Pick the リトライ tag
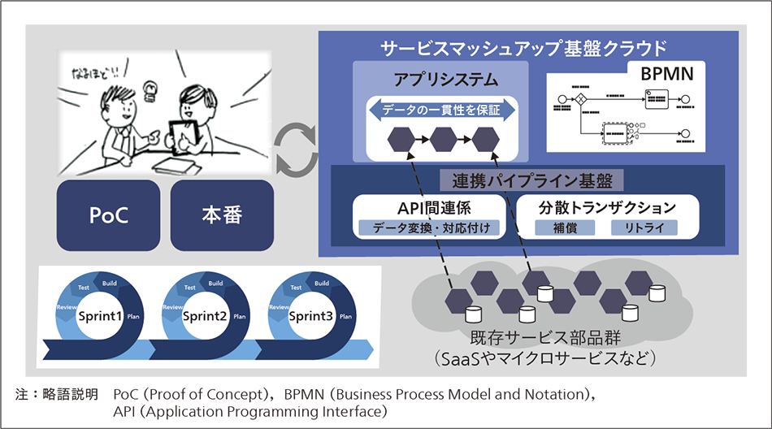coord(644,227)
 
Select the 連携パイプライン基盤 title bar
coord(527,179)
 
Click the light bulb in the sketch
coord(149,87)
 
